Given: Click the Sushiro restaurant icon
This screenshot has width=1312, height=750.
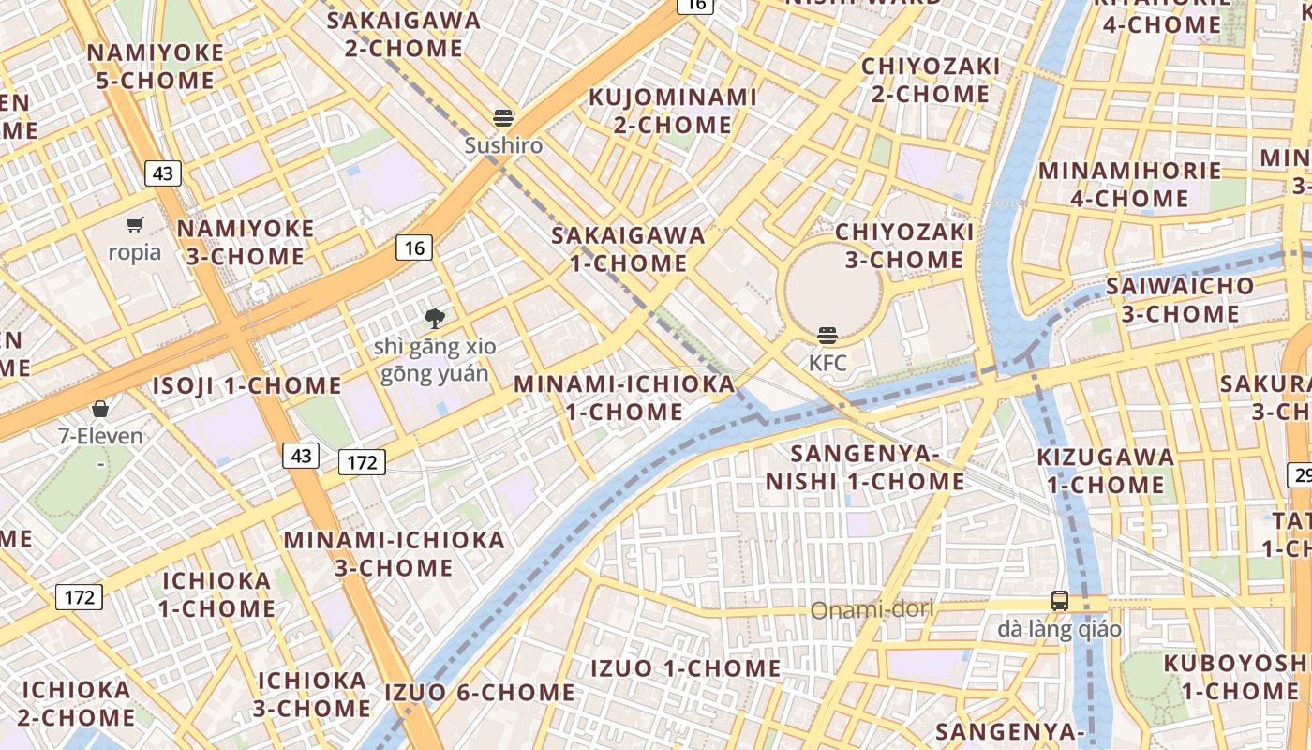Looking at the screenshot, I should (504, 118).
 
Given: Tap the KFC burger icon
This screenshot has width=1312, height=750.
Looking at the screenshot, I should (827, 336).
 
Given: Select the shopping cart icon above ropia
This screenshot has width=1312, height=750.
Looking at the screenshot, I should (135, 224).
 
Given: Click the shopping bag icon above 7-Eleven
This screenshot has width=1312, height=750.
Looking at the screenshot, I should (100, 409).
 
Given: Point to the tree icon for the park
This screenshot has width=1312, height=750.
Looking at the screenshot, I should (434, 319).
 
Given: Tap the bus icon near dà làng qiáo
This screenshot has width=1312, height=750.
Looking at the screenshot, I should (1059, 601).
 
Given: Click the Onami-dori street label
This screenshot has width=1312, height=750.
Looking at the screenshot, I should (872, 610).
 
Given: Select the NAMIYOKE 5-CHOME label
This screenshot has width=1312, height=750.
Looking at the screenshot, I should (156, 67).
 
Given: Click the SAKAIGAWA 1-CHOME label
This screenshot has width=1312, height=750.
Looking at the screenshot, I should (629, 248).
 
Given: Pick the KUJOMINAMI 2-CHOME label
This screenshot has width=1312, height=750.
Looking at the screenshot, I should (672, 111).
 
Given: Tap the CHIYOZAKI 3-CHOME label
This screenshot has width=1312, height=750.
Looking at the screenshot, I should (904, 245).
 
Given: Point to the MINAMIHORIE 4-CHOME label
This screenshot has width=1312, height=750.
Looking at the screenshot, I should (1129, 184).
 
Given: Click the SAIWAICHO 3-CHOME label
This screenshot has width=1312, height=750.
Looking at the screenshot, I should (1180, 299).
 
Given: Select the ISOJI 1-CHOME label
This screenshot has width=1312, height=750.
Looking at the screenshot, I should (247, 385).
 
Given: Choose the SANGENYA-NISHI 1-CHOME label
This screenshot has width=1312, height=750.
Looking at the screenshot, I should (865, 468).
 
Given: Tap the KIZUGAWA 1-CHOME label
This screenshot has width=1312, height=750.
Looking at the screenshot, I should (1105, 471).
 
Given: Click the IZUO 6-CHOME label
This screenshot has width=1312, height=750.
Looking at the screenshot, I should (480, 693).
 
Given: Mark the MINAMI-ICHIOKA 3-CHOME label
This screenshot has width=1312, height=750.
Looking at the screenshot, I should (395, 553).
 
